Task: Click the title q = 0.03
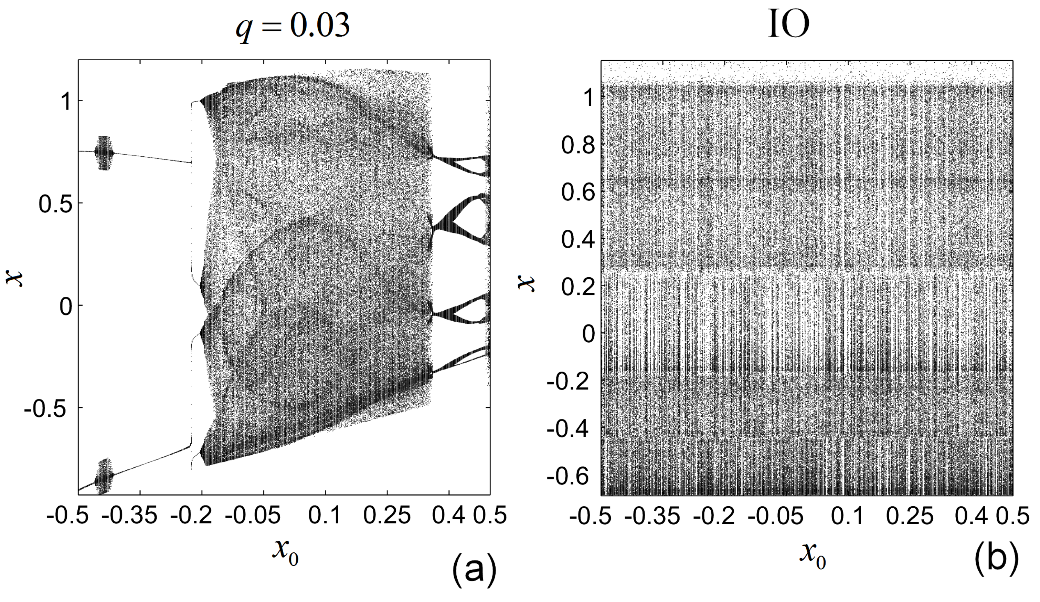tap(293, 25)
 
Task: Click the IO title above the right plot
tap(788, 25)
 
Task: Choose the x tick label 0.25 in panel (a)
tap(387, 516)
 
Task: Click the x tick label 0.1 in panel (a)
tap(325, 516)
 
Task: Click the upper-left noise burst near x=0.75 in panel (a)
tap(103, 152)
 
